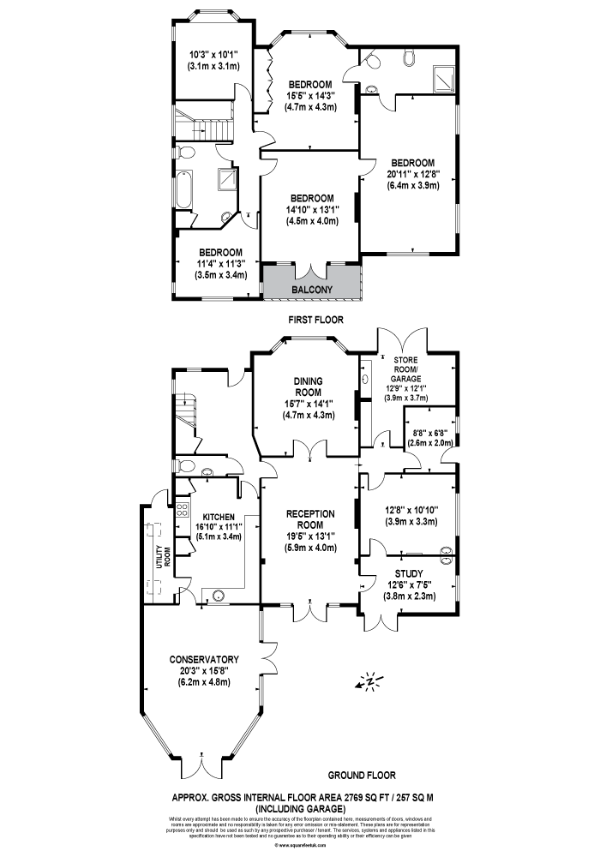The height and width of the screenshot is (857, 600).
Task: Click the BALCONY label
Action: (312, 290)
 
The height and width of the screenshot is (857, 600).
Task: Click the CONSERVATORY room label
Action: (203, 659)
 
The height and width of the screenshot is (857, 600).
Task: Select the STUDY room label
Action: (409, 574)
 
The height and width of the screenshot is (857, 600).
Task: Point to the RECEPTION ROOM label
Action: (308, 519)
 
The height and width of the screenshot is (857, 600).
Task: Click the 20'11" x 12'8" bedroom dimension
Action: (412, 173)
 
